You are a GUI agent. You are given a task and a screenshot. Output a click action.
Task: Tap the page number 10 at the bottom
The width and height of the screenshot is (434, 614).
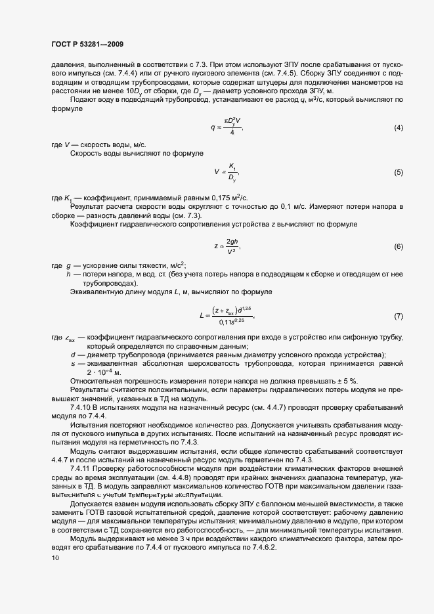[x=55, y=558]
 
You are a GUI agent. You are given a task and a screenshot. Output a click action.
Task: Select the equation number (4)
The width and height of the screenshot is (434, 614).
[x=398, y=127]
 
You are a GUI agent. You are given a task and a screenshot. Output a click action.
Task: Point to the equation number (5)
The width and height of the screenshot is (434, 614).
[x=398, y=172]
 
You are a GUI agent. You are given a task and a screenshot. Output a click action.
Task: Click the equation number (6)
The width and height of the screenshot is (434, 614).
[x=398, y=246]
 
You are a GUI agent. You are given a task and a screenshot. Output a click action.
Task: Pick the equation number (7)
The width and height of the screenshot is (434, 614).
[x=398, y=317]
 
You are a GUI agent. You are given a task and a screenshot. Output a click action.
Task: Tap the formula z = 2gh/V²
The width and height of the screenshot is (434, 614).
[x=227, y=246]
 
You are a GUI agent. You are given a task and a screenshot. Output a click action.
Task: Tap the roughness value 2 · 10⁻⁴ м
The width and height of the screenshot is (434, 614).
[x=103, y=372]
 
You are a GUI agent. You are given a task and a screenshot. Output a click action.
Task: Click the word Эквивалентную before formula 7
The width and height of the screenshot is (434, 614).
[x=95, y=291]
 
